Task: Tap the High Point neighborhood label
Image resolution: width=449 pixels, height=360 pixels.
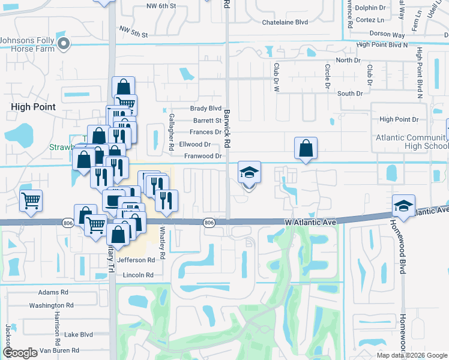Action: tap(33, 107)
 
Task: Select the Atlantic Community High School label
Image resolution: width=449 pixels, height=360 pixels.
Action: tap(412, 142)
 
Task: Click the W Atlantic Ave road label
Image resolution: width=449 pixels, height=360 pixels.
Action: tap(308, 222)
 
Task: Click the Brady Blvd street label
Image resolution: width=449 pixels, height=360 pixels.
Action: tap(206, 109)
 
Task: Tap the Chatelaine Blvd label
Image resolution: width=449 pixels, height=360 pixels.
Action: tap(285, 22)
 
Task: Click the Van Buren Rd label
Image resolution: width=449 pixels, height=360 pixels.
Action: tap(58, 350)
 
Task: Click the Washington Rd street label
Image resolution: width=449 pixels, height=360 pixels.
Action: tap(51, 305)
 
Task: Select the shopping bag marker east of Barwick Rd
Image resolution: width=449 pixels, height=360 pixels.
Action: tap(306, 148)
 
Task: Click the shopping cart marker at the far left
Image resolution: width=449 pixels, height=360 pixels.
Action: tap(31, 201)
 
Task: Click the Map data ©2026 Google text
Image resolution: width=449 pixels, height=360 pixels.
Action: tap(412, 355)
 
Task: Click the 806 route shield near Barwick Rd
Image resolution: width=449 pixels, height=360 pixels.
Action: tap(209, 223)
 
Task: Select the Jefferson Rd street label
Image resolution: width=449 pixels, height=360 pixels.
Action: tap(132, 260)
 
